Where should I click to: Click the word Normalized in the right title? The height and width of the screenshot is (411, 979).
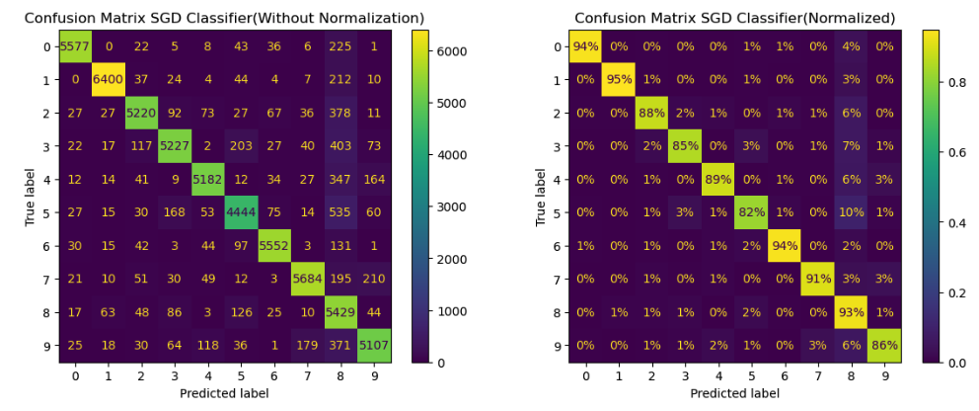[x=849, y=18]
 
